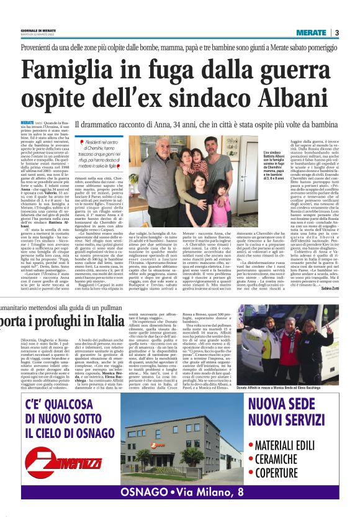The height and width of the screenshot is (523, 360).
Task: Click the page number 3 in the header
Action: click(336, 32)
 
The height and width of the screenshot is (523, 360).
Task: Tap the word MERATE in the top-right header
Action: click(311, 32)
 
